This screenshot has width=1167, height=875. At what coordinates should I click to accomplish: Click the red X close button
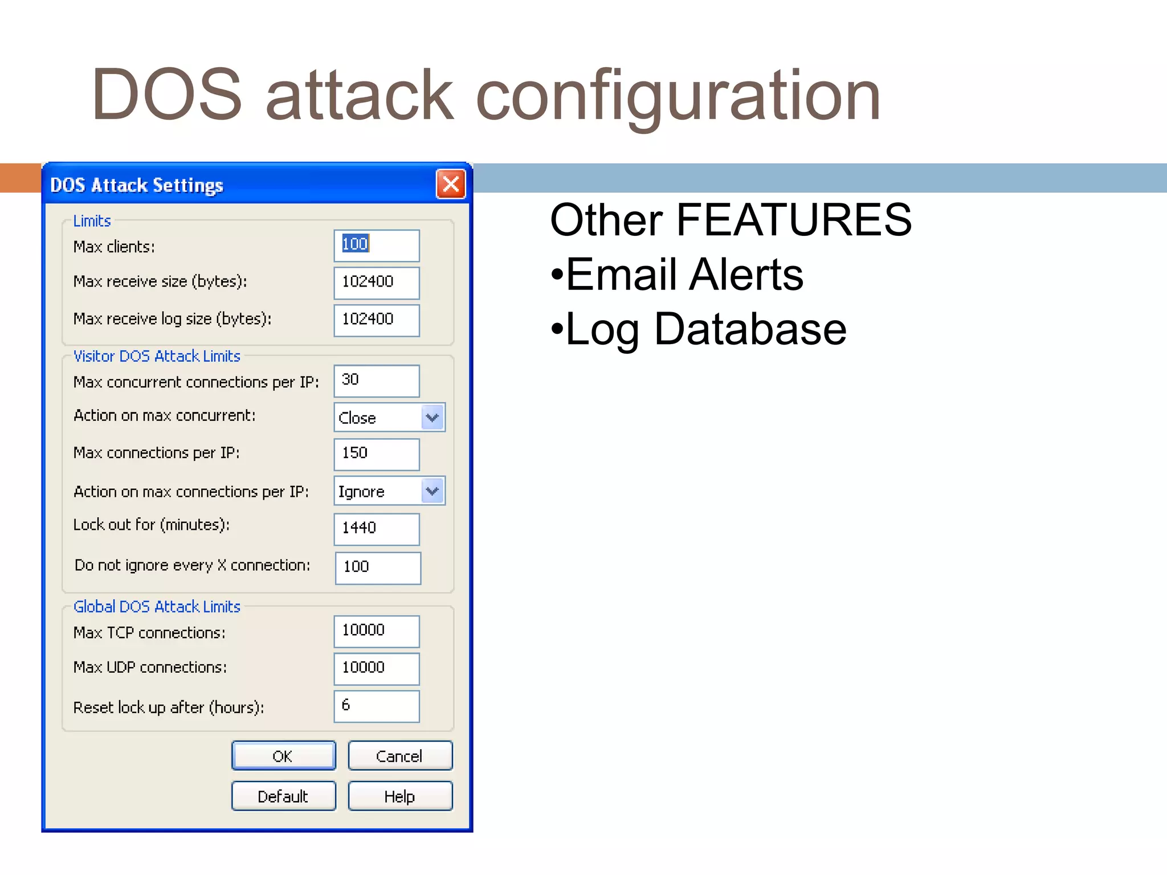pyautogui.click(x=451, y=184)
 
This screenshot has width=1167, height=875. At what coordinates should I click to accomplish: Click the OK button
pyautogui.click(x=283, y=756)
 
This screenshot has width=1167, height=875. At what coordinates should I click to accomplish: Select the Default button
pyautogui.click(x=283, y=796)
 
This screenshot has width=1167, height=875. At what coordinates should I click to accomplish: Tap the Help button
pyautogui.click(x=400, y=796)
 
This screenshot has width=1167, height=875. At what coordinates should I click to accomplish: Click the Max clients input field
pyautogui.click(x=377, y=246)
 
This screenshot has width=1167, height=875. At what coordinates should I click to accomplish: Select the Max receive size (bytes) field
pyautogui.click(x=377, y=283)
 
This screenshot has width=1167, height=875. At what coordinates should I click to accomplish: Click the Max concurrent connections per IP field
pyautogui.click(x=377, y=381)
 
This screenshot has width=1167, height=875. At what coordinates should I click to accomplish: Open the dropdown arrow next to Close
pyautogui.click(x=432, y=418)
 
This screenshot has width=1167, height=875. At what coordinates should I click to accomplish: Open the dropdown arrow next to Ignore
pyautogui.click(x=432, y=491)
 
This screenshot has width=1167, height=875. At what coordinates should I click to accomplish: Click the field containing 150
pyautogui.click(x=377, y=454)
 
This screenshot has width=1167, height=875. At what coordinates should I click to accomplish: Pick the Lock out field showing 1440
pyautogui.click(x=377, y=529)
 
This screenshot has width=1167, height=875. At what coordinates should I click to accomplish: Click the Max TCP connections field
pyautogui.click(x=377, y=631)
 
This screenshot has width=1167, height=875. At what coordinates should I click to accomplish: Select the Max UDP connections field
pyautogui.click(x=377, y=668)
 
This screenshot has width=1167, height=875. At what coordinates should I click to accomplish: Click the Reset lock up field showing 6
pyautogui.click(x=377, y=706)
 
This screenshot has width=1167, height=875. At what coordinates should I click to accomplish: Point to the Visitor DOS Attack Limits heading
pyautogui.click(x=157, y=356)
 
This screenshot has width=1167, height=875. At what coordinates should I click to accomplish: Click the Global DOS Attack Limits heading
pyautogui.click(x=157, y=607)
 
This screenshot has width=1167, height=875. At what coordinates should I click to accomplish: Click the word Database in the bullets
pyautogui.click(x=750, y=329)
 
